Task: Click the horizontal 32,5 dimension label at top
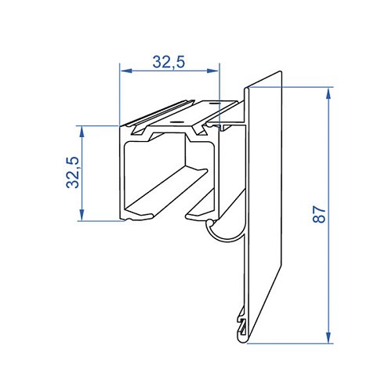pyautogui.click(x=169, y=62)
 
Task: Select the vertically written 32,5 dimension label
pyautogui.click(x=72, y=172)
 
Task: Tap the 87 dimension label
pyautogui.click(x=319, y=214)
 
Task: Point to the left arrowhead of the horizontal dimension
pyautogui.click(x=126, y=71)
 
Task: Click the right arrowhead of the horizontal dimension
pyautogui.click(x=212, y=71)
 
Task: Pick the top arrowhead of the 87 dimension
pyautogui.click(x=328, y=93)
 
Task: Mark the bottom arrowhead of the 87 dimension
pyautogui.click(x=328, y=337)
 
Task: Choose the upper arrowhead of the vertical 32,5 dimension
pyautogui.click(x=82, y=132)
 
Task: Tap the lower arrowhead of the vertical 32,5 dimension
pyautogui.click(x=82, y=215)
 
